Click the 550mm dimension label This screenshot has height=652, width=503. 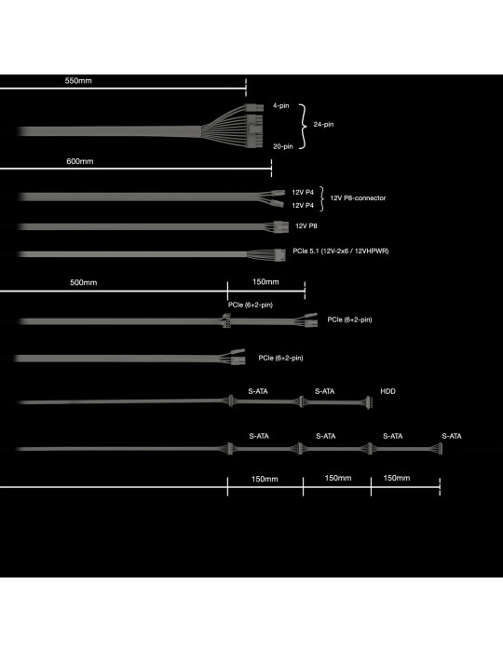(x=78, y=81)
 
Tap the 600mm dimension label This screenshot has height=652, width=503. (x=80, y=161)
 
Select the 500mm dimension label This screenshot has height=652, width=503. (x=84, y=283)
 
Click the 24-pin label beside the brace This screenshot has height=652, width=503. (x=323, y=124)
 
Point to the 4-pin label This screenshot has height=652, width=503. (x=281, y=106)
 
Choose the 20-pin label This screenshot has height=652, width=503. (x=283, y=146)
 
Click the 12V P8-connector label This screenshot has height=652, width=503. (x=358, y=197)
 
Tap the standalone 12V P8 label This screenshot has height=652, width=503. (x=306, y=226)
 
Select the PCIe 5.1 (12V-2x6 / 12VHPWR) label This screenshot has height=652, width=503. (x=341, y=251)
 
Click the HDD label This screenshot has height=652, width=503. (x=387, y=391)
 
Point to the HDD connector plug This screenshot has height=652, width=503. (x=369, y=402)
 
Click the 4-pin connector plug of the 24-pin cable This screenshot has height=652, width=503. (x=254, y=108)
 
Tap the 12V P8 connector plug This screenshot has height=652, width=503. (x=281, y=227)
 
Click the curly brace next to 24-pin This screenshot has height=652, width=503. (x=305, y=126)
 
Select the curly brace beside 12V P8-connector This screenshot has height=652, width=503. (x=322, y=198)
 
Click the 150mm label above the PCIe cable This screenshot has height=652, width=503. (x=265, y=282)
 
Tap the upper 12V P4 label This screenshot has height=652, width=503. (x=303, y=193)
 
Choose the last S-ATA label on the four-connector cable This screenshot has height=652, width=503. (x=452, y=436)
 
